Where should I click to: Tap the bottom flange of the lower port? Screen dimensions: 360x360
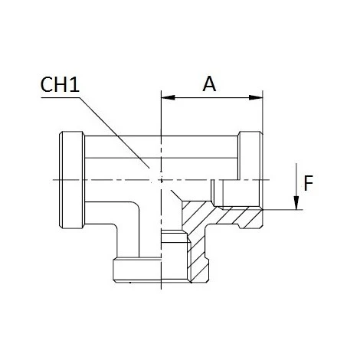[161, 267]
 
